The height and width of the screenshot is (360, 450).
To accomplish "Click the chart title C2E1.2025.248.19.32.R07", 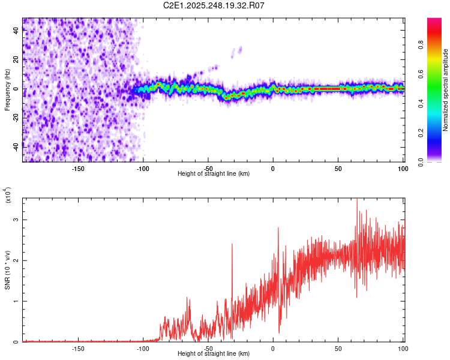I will click(214, 5).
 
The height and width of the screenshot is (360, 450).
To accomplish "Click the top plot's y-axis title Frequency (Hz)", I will click(8, 89).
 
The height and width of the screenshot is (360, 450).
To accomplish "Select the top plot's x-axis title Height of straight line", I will click(214, 173).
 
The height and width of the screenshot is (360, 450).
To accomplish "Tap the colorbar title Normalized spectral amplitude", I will click(446, 90).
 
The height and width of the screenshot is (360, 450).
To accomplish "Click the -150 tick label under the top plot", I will click(78, 169).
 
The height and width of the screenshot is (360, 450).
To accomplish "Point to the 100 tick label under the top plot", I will click(402, 169).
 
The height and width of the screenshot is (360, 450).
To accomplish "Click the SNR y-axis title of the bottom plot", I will click(8, 269).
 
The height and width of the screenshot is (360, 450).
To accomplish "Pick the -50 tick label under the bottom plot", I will click(208, 349).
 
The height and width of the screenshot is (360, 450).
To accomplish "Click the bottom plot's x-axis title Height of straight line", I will click(214, 353).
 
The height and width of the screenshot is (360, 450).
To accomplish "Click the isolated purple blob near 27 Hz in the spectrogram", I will click(240, 49).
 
